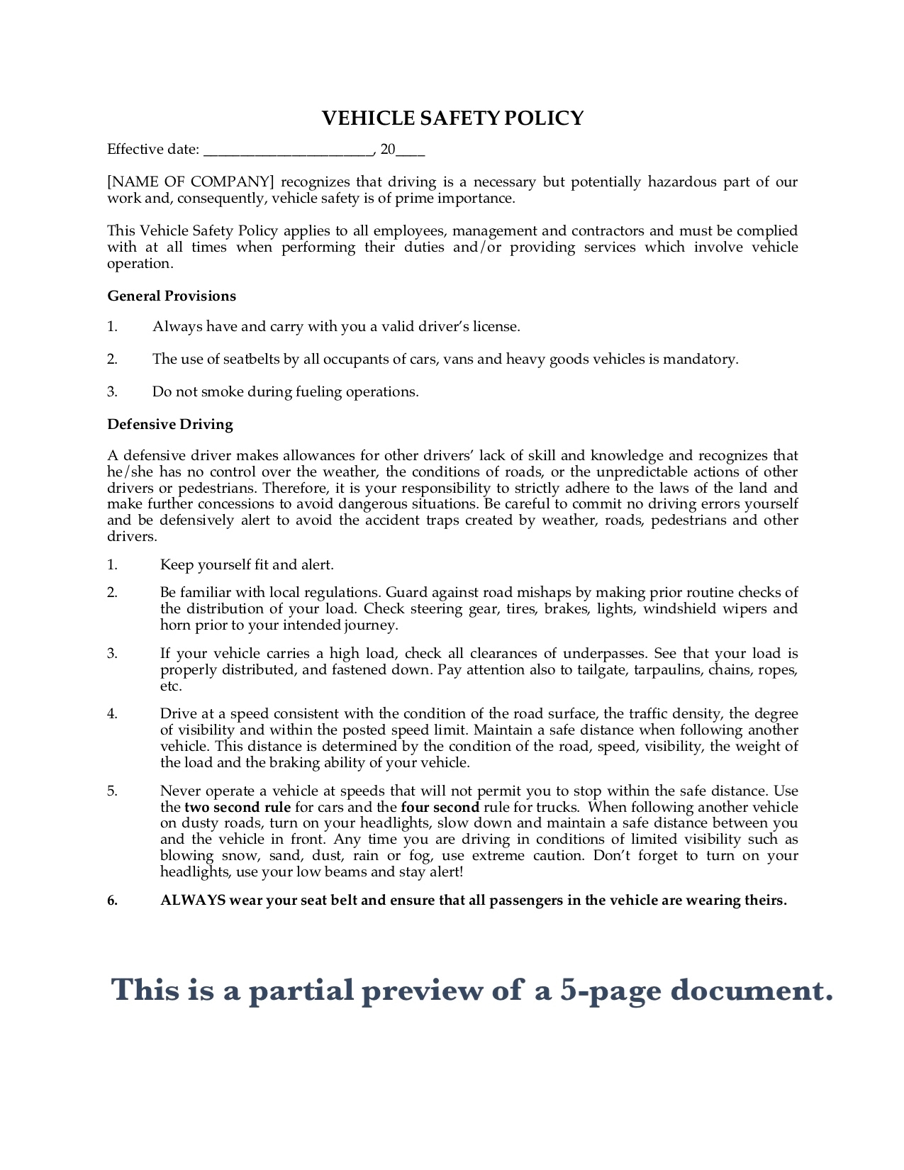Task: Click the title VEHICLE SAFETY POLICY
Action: pyautogui.click(x=452, y=118)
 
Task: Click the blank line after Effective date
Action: pyautogui.click(x=288, y=150)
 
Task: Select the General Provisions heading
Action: pyautogui.click(x=172, y=296)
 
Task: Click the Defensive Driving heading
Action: pyautogui.click(x=170, y=424)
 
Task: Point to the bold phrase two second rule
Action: pyautogui.click(x=238, y=807)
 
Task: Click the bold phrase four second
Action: pyautogui.click(x=440, y=807)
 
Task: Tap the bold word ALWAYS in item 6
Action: pyautogui.click(x=193, y=901)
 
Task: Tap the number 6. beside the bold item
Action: pyautogui.click(x=113, y=901)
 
